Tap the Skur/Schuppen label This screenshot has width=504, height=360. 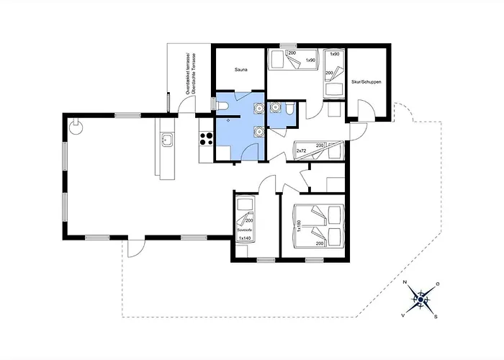[367, 82]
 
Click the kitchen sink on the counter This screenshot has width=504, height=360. [167, 139]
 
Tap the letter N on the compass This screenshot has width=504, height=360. [405, 282]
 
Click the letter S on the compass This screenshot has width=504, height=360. [435, 315]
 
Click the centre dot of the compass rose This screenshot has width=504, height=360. [419, 299]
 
